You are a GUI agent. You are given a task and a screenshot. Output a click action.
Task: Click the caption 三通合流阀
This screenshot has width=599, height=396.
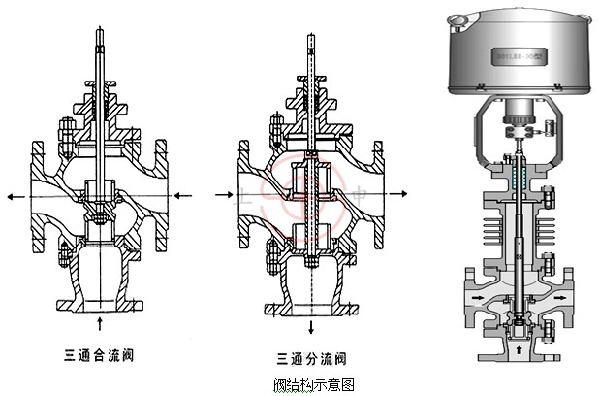tap(96, 354)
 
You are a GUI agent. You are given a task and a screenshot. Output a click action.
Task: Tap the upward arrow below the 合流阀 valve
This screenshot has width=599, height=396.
tap(103, 322)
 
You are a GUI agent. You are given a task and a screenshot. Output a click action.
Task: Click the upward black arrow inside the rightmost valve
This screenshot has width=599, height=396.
tap(524, 346)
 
